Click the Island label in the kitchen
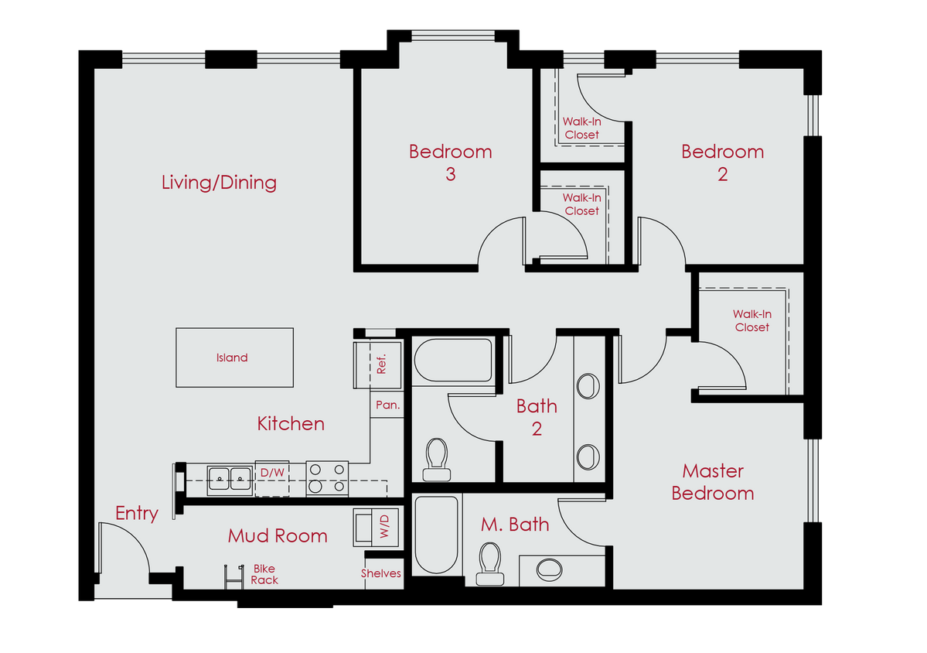tap(232, 357)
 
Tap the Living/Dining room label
tap(219, 183)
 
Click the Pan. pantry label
tap(387, 405)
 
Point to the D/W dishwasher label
tap(271, 473)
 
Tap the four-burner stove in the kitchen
tap(327, 477)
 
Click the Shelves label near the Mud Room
tap(381, 573)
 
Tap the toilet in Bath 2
tap(438, 456)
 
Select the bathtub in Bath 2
tap(452, 361)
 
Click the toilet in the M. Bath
tap(489, 562)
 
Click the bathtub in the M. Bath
tap(437, 535)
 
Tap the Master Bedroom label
tap(712, 481)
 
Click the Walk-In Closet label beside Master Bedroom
tap(751, 320)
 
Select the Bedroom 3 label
tap(450, 162)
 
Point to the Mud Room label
tap(278, 535)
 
